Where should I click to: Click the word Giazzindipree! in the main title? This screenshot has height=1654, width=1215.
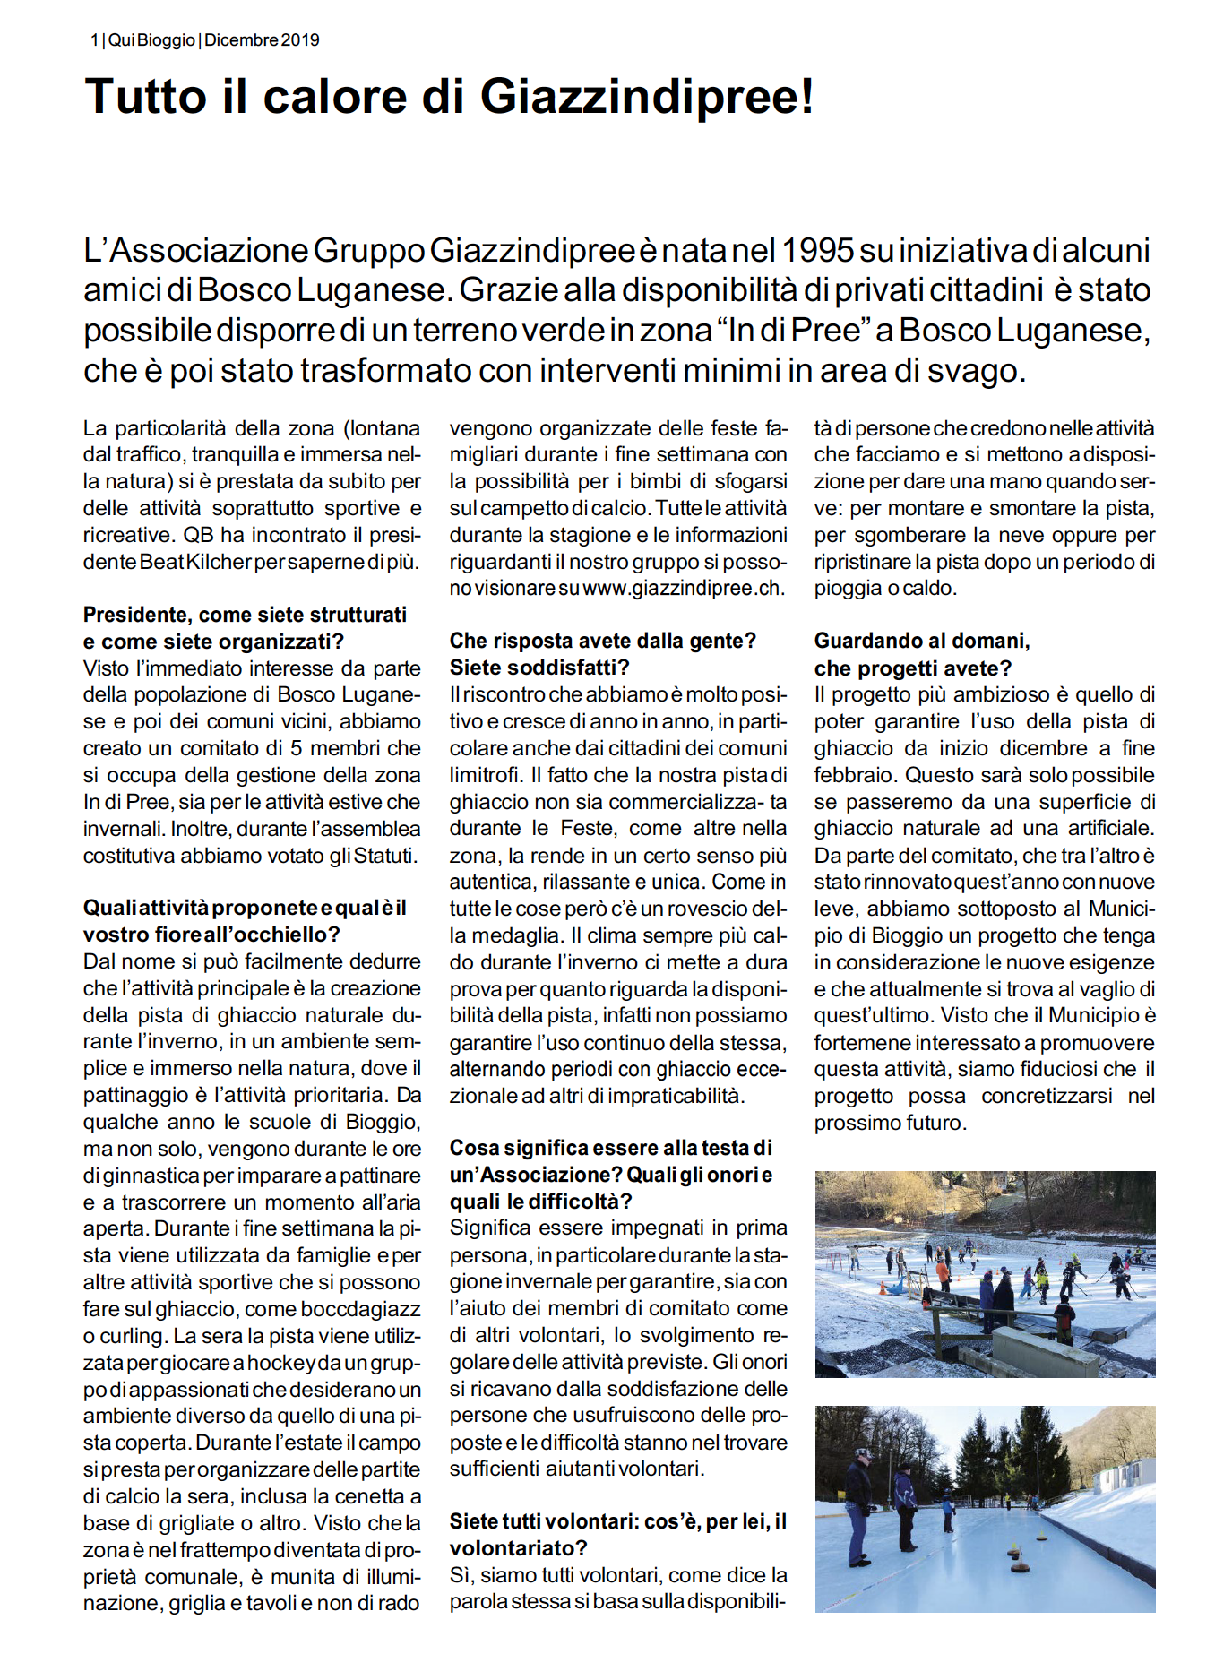pos(647,97)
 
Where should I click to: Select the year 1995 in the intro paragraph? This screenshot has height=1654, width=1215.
pos(818,250)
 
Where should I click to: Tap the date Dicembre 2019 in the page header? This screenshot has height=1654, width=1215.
pos(262,40)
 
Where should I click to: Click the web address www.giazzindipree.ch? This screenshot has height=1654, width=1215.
pos(682,589)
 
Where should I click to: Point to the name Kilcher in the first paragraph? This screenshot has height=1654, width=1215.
pos(219,562)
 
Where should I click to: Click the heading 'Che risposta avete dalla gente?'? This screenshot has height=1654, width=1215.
pos(602,641)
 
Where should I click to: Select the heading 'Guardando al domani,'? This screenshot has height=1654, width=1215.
pos(921,641)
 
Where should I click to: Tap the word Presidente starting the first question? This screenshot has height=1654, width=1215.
pos(135,615)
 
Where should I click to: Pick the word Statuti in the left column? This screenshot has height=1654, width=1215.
pos(385,856)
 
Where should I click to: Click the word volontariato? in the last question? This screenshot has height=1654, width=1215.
pos(518,1548)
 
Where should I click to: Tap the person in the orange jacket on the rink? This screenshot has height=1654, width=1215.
pos(943,1274)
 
